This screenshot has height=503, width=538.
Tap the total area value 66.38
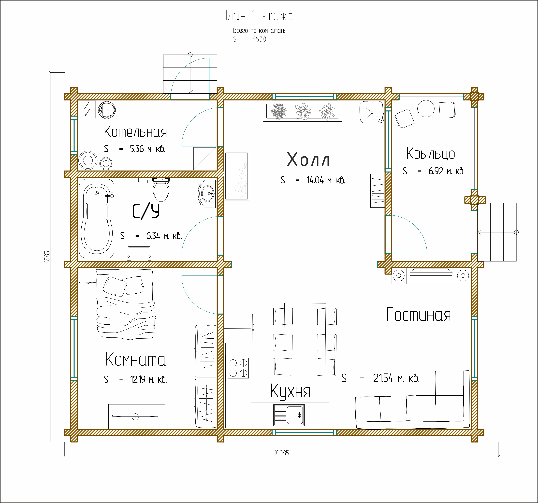[x=259, y=39]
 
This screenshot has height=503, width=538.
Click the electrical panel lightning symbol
[x=87, y=109]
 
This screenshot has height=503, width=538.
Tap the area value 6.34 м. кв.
[x=164, y=236]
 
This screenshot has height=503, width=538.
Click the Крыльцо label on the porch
[x=431, y=154]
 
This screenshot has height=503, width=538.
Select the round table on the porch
[x=426, y=109]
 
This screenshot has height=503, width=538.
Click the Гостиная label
[x=418, y=315]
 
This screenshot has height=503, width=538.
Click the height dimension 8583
[x=47, y=257]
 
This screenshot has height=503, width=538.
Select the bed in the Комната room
[x=126, y=304]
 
